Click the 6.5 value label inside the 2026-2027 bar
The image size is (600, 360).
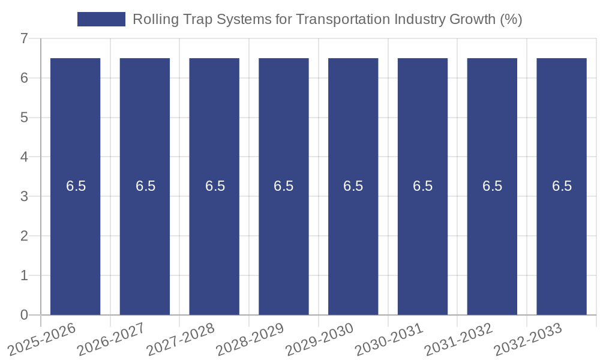145,186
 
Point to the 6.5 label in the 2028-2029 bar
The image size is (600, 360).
284,186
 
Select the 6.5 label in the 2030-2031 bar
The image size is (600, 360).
422,186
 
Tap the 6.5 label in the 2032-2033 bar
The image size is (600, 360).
562,186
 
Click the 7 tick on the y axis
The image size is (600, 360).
24,38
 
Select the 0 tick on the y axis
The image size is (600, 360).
24,315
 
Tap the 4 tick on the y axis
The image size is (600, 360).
24,157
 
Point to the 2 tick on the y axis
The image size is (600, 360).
24,236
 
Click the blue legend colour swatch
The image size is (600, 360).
101,19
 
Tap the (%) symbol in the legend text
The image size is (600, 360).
511,19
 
